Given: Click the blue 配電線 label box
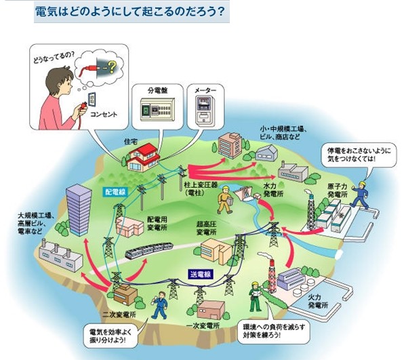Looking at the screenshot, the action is pos(115,192).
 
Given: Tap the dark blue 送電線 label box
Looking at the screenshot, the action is pos(201,274).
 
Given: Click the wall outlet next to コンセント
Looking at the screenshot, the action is pos(92,99).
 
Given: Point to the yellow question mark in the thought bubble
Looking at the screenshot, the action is pos(112,66).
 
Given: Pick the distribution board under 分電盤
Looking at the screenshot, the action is pos(157,110).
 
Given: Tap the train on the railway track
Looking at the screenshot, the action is pos(149,249).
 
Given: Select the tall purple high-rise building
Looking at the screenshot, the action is pos(79,210).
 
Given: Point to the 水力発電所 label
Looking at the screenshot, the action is pos(274,190).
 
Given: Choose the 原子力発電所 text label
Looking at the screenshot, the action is pos(338,191).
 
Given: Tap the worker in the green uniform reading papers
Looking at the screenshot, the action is pos(256,296).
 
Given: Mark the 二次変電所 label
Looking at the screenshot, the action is pos(119,315).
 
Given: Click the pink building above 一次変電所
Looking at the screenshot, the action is pos(211,310).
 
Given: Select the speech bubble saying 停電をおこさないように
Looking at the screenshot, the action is pos(359,155).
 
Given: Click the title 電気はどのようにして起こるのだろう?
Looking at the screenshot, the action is pos(130,12).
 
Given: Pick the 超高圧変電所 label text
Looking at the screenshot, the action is pos(206,228).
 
